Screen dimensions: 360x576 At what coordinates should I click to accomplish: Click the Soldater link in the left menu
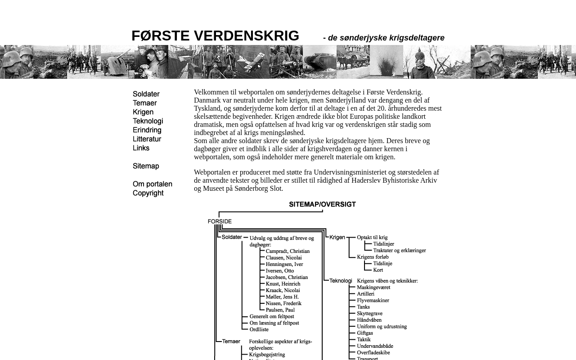tap(146, 94)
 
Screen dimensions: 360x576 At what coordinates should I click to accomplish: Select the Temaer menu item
tap(145, 103)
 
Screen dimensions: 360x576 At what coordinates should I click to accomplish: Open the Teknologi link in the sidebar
tap(148, 121)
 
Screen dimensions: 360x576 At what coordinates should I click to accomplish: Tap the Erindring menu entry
tap(147, 130)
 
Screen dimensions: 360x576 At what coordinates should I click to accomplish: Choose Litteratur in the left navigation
tap(147, 139)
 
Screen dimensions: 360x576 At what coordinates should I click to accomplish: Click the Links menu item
tap(141, 148)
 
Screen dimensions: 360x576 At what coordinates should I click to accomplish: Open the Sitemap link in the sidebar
tap(146, 166)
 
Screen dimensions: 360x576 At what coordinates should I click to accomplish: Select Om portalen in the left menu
tap(153, 184)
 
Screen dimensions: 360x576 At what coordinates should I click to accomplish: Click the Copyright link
tap(148, 193)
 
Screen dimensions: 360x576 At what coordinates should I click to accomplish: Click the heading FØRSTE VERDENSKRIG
tap(215, 36)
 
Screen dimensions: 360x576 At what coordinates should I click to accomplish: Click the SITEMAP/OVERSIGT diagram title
tap(322, 204)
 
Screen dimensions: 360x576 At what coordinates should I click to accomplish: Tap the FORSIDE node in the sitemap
tap(220, 221)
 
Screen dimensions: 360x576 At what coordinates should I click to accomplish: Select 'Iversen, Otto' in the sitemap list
tap(280, 270)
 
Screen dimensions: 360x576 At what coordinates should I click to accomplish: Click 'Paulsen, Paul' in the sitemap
tap(280, 310)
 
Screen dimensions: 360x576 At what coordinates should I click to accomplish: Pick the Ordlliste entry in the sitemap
tap(260, 329)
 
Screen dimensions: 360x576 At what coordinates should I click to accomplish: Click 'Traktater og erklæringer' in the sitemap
tap(400, 250)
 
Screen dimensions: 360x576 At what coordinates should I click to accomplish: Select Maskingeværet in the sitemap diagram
tap(373, 287)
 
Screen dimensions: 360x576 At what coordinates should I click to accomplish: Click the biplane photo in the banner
tap(252, 62)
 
